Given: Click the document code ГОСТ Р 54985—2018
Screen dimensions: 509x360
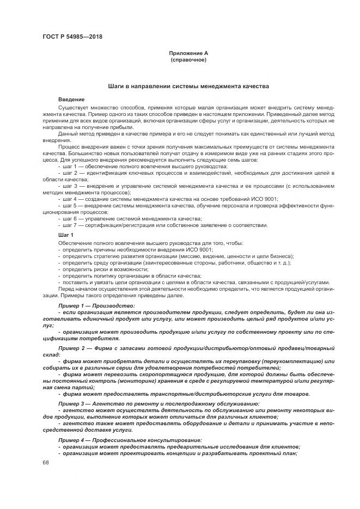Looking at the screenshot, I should tap(72, 37).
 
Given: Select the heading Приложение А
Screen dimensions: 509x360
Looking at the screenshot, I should tap(188, 53).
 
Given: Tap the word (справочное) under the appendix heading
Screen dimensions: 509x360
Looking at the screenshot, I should tap(188, 59).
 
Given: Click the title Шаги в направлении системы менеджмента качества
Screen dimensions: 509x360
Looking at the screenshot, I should tap(188, 87).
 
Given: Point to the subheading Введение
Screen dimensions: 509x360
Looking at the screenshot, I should tap(71, 100).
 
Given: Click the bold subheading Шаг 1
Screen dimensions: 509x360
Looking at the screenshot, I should tap(65, 234).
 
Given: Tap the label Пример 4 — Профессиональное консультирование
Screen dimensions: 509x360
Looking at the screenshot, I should tap(130, 439).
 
